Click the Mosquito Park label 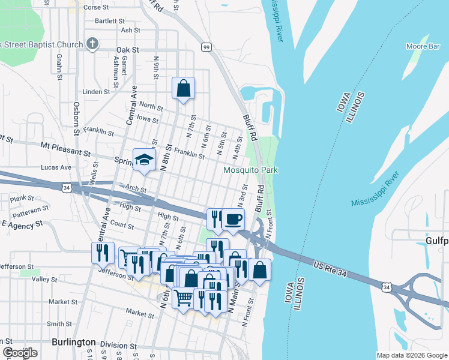coord(250,170)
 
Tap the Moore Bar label coord(424,46)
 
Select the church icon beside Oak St coord(92,43)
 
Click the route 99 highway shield coord(206,47)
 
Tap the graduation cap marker coord(144,160)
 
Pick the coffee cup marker coord(233,219)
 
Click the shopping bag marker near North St coord(183,88)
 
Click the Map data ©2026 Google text coord(412,355)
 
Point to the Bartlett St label coord(109,20)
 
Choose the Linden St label coord(96,92)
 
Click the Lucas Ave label coord(56,167)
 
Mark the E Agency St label coord(23,224)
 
